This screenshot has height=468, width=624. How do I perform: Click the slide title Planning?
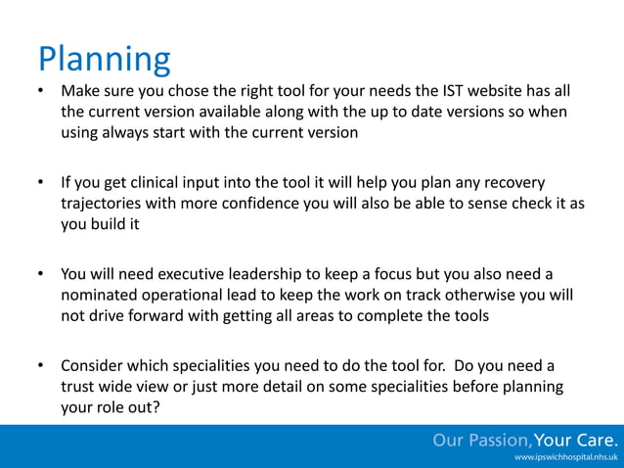pos(104,60)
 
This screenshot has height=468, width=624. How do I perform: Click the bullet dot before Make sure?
pos(41,91)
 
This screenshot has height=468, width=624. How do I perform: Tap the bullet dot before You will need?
pos(41,274)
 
